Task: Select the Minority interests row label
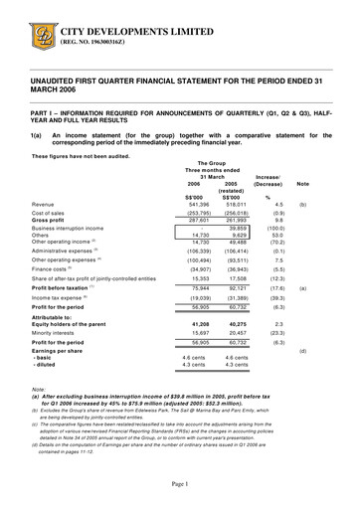pyautogui.click(x=58, y=333)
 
